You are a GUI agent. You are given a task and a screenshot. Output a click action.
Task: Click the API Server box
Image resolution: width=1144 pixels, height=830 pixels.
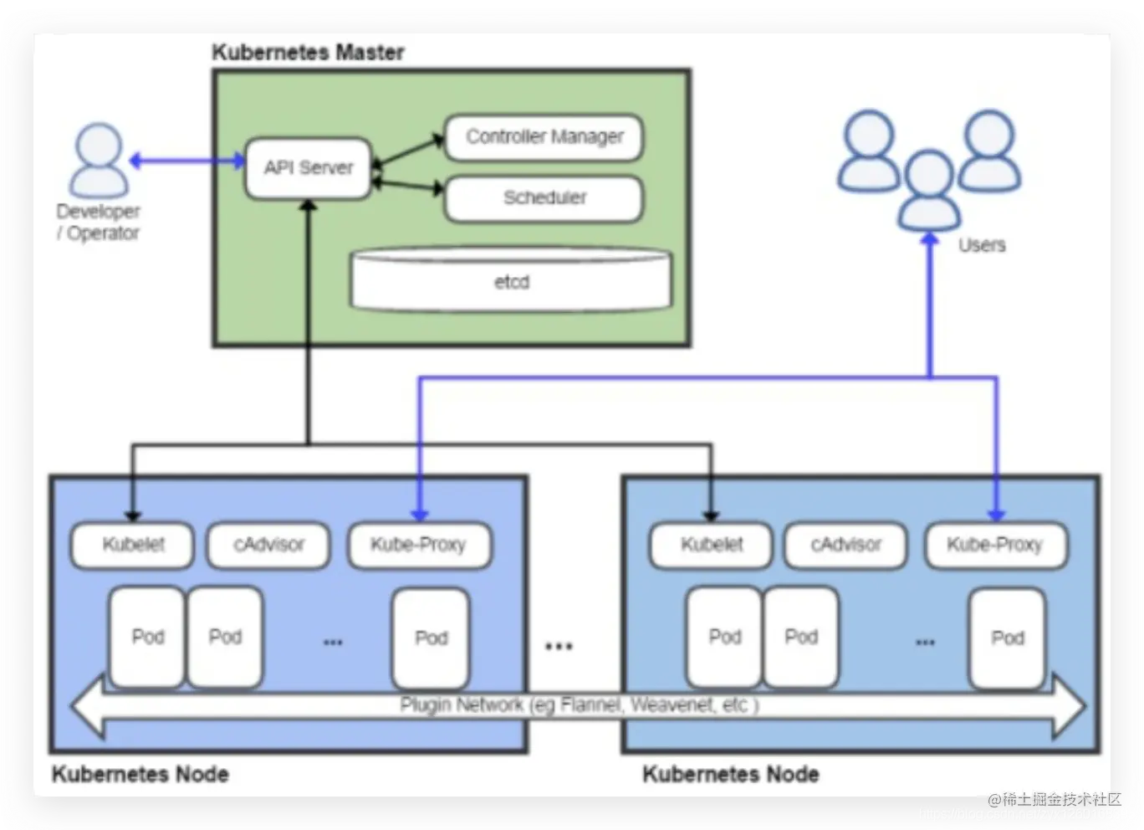[x=309, y=168]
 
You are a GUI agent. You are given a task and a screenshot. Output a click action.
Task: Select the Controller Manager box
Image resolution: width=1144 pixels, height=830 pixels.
[x=544, y=137]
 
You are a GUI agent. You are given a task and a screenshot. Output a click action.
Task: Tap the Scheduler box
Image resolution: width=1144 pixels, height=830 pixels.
[x=544, y=198]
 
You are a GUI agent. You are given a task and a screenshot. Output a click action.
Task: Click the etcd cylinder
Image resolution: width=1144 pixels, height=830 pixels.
[x=511, y=281]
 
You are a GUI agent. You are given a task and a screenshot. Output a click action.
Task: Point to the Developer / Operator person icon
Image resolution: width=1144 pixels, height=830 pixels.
[x=99, y=161]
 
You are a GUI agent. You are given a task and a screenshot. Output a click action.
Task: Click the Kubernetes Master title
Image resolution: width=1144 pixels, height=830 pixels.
[x=308, y=53]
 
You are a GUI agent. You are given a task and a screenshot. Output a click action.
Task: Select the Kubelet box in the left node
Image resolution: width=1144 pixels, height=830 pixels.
[x=133, y=545]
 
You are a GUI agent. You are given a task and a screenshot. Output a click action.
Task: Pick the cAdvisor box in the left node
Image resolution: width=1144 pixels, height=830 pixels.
[x=268, y=545]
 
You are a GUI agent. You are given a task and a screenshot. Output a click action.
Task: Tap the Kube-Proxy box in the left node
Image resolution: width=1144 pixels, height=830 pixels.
[x=418, y=545]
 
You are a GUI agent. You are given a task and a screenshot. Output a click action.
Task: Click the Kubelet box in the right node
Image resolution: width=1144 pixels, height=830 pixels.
[x=712, y=545]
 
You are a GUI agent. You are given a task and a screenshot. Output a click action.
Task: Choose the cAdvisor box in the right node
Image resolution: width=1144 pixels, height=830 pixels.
[x=845, y=545]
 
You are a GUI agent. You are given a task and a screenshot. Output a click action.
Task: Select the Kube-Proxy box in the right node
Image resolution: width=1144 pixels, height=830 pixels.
[x=995, y=545]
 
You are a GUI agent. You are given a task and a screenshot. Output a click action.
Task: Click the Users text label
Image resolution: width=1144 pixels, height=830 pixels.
[x=982, y=245]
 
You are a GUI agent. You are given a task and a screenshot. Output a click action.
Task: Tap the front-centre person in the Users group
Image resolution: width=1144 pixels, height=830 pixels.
[x=929, y=190]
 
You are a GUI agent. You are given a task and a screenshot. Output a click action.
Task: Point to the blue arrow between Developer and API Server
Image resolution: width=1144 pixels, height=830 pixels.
[x=186, y=161]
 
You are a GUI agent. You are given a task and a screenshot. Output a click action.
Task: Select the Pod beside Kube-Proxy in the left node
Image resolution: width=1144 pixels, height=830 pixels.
[x=431, y=638]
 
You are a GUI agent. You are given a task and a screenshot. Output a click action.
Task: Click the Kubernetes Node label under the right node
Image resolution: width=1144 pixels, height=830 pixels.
[x=731, y=774]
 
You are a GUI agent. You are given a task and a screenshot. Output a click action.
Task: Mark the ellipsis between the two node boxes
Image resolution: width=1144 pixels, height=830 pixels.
[x=559, y=646]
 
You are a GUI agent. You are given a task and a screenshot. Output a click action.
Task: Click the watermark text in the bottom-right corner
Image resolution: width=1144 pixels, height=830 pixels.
[x=1055, y=800]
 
